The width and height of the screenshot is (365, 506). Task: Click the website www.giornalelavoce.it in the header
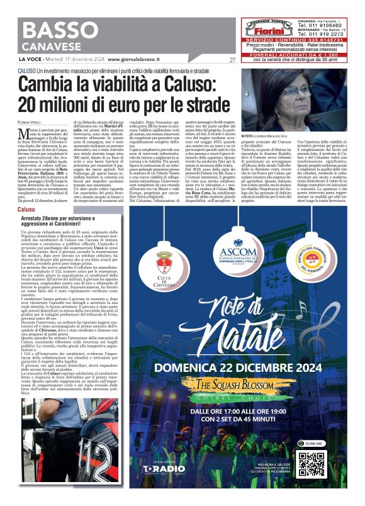click(132, 60)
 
